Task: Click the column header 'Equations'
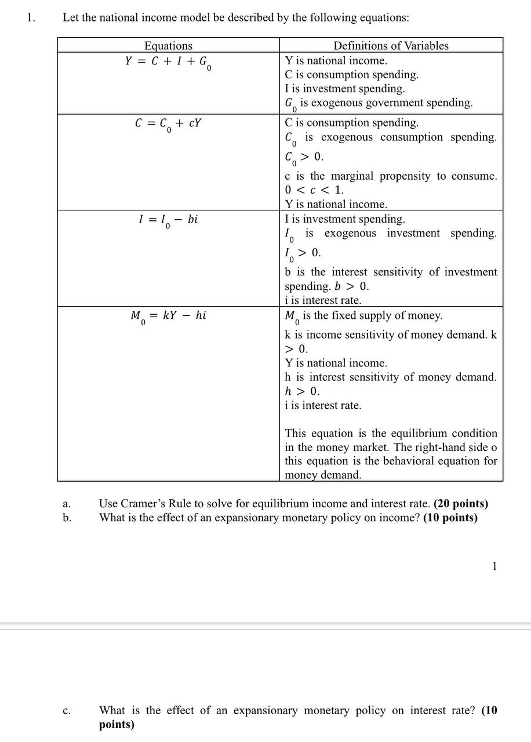click(x=168, y=46)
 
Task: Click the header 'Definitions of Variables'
click(x=391, y=46)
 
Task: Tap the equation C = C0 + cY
click(x=168, y=124)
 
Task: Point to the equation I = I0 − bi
click(x=168, y=220)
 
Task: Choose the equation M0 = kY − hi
click(x=168, y=317)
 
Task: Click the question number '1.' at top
click(x=31, y=17)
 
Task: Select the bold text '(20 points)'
click(x=461, y=504)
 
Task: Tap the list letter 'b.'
click(x=67, y=518)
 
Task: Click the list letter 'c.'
click(x=67, y=711)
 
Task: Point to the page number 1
click(x=494, y=566)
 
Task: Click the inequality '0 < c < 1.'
click(x=314, y=190)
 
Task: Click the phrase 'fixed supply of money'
click(x=385, y=316)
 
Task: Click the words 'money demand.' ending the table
click(x=323, y=475)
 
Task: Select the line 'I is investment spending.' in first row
click(x=345, y=89)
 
